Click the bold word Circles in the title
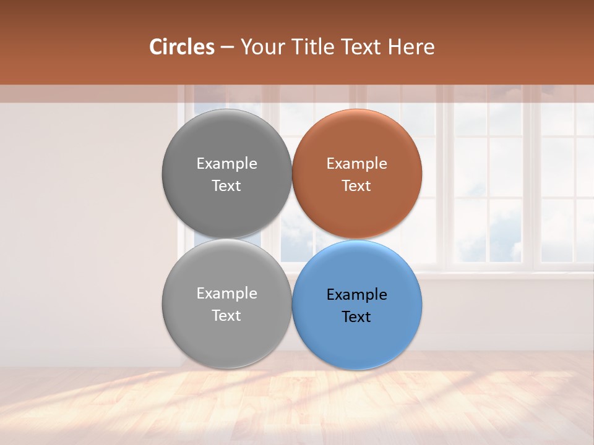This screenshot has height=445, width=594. point(182,47)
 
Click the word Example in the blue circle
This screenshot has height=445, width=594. point(356,294)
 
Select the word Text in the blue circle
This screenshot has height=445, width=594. point(356,316)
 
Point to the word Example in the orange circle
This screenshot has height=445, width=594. point(356,164)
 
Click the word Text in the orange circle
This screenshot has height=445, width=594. point(356,185)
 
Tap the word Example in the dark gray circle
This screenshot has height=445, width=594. point(226,164)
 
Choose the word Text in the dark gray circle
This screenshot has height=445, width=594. point(226,185)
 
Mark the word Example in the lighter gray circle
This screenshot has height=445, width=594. point(226,294)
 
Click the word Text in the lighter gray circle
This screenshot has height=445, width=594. point(226,315)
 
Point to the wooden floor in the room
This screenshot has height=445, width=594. point(433,402)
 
